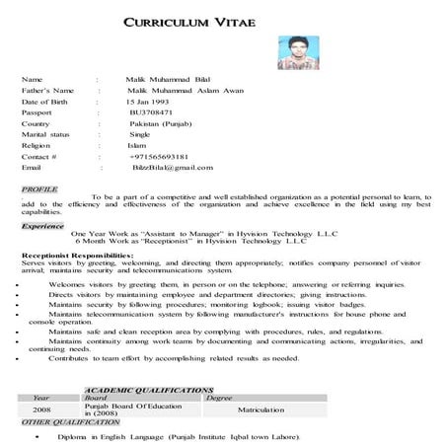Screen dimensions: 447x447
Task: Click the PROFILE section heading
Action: point(39,187)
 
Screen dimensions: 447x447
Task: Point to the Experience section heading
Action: point(43,225)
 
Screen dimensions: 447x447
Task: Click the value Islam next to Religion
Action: point(138,145)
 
